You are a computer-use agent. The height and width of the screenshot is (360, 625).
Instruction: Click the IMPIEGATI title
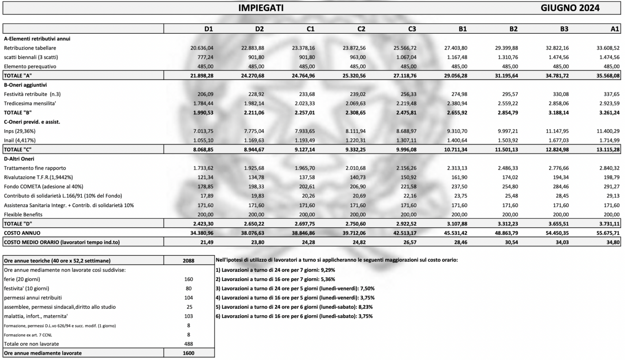(x=261, y=8)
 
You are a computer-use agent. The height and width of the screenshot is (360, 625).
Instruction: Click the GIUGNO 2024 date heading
(x=570, y=8)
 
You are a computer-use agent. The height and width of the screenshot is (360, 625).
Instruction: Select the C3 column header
(x=412, y=29)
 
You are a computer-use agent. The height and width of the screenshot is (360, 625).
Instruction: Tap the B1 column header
(x=462, y=29)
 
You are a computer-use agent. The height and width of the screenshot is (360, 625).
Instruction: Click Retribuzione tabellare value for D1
(x=202, y=48)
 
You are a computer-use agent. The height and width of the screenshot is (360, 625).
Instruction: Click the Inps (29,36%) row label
(x=20, y=131)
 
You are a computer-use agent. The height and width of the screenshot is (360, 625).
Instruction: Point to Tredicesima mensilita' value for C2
(x=356, y=103)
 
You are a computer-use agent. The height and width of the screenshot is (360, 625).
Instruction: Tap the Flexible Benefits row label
(x=23, y=214)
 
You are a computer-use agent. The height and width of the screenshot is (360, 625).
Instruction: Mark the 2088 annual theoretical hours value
(x=188, y=261)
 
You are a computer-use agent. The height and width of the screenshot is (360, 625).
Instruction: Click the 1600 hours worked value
(x=188, y=353)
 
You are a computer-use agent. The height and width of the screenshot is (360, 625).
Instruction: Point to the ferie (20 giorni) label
(x=22, y=279)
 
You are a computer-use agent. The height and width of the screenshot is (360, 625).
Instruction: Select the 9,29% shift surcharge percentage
(x=328, y=270)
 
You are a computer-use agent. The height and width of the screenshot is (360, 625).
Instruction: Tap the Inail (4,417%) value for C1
(x=305, y=140)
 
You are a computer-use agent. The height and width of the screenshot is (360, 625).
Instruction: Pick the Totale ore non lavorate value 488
(x=188, y=344)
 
